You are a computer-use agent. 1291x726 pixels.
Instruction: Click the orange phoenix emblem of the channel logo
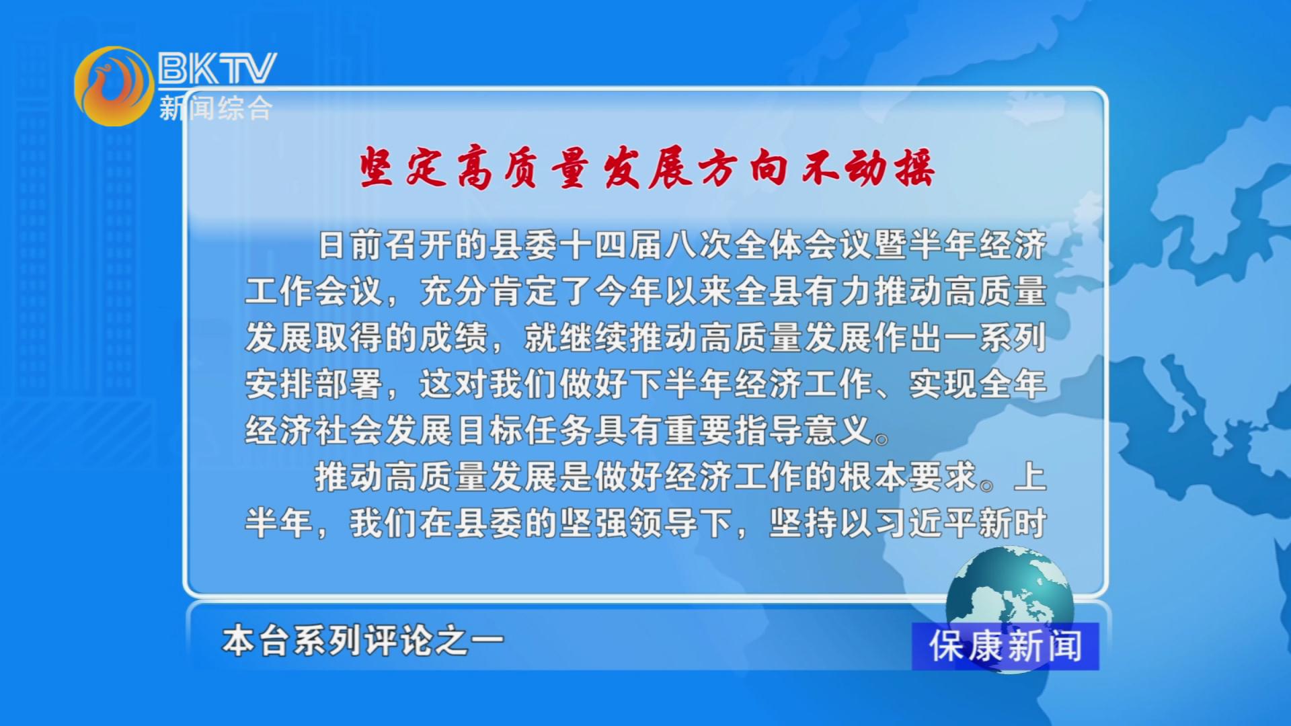[x=114, y=86]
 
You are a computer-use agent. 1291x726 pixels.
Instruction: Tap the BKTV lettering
[x=217, y=68]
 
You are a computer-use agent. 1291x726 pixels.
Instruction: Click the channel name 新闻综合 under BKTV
[x=216, y=108]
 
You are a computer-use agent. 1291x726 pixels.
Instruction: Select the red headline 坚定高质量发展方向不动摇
[x=646, y=167]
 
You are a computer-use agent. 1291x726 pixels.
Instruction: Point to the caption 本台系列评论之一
[x=363, y=641]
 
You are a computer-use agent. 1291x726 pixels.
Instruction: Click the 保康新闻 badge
[x=1005, y=646]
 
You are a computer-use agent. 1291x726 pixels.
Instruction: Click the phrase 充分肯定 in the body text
[x=489, y=291]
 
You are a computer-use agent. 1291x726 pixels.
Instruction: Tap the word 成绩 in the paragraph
[x=454, y=337]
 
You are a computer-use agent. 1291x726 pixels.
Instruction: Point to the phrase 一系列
[x=995, y=337]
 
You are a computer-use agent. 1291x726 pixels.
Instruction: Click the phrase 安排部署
[x=314, y=384]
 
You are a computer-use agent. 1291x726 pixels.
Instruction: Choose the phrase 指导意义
[x=804, y=430]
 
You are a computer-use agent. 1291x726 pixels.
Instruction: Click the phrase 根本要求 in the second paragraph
[x=908, y=477]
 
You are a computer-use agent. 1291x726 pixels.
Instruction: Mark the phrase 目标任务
[x=524, y=430]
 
